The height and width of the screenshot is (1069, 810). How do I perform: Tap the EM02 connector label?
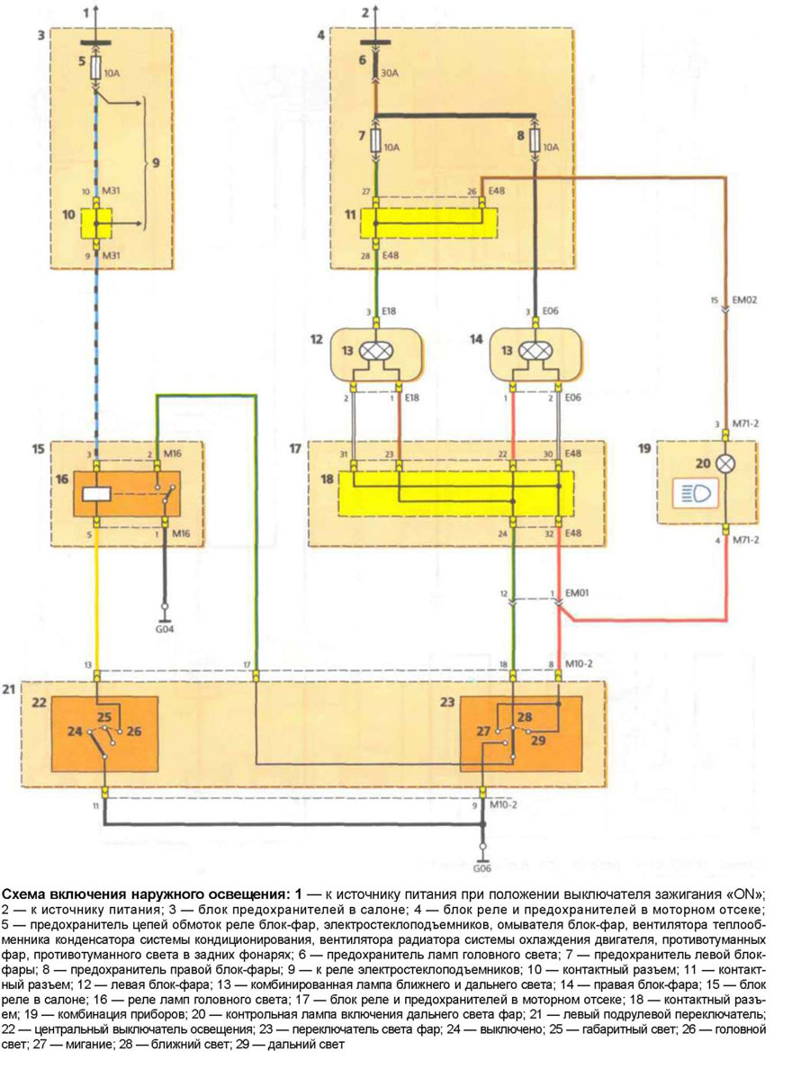pyautogui.click(x=746, y=300)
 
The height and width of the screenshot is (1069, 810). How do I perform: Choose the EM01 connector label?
pyautogui.click(x=577, y=595)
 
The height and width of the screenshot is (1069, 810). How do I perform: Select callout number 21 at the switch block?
pyautogui.click(x=8, y=689)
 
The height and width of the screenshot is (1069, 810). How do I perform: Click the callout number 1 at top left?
pyautogui.click(x=87, y=13)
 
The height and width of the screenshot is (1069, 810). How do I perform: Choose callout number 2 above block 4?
pyautogui.click(x=364, y=13)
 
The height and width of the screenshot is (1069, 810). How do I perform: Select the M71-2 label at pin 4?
pyautogui.click(x=746, y=541)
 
